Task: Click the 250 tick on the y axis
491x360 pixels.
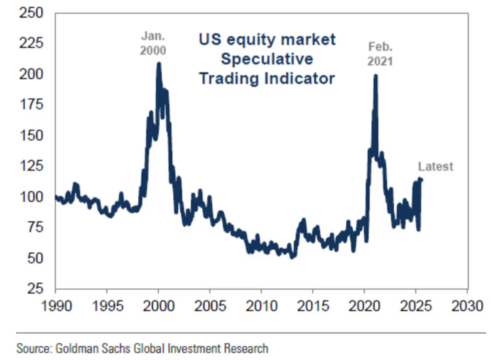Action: tap(32, 13)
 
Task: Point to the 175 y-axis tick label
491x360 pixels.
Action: tap(32, 105)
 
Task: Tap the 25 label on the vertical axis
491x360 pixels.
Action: tap(35, 288)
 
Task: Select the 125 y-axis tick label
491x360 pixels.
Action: tap(32, 166)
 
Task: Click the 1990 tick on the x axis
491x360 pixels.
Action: tap(55, 307)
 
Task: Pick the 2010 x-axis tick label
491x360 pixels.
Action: tap(261, 307)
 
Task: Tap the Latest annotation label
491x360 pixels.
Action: tap(435, 167)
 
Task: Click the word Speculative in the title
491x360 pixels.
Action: tap(266, 59)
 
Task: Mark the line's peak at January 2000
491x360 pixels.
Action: tap(158, 64)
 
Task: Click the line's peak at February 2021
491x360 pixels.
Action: tap(376, 76)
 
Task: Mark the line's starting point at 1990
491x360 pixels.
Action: tap(56, 197)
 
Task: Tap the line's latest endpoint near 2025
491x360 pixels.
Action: tap(421, 180)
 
